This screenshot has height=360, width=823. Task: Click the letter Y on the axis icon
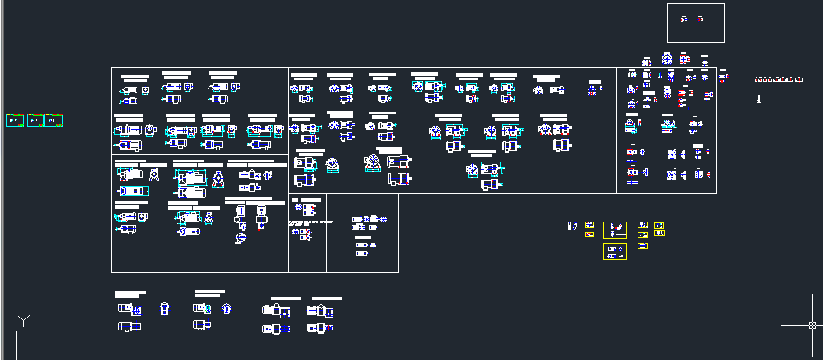pos(24,320)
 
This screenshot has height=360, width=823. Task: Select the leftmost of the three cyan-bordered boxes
pos(14,121)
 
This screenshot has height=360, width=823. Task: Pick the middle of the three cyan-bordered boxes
pos(35,121)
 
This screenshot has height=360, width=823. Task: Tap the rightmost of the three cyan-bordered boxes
pos(54,121)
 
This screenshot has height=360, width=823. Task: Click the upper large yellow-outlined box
pos(615,230)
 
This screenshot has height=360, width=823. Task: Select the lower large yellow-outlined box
pos(615,251)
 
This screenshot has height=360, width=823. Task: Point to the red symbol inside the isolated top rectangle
pos(701,18)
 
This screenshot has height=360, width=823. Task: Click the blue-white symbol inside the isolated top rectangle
pos(684,18)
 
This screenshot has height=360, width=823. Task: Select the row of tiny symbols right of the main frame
pos(775,79)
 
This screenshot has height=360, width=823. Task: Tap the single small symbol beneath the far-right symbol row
pos(758,96)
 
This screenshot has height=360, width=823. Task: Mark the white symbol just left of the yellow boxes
pos(572,224)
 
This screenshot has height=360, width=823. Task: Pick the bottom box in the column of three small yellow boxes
pos(643,246)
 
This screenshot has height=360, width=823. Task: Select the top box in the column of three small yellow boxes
pos(643,224)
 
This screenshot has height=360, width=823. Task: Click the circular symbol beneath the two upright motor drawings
pos(241,238)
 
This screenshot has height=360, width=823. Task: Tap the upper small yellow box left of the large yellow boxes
pos(589,223)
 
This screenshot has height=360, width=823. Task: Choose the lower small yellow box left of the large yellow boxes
pos(589,234)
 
